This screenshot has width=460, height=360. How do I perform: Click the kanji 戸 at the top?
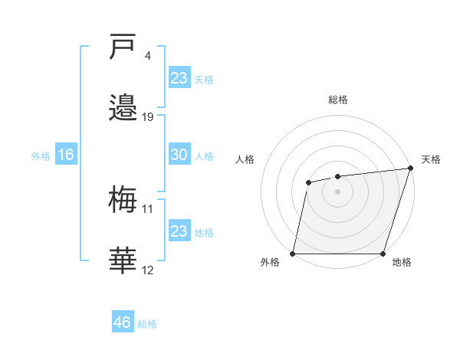pos(123,48)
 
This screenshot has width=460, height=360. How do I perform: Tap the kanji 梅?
pos(123,200)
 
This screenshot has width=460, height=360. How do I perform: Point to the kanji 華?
pos(123,260)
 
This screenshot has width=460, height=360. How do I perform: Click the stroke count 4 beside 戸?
pos(147,56)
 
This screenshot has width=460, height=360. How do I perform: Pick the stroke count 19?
pos(148,117)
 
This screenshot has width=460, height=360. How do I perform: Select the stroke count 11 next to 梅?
pos(148,208)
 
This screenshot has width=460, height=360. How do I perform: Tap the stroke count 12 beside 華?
pos(148,270)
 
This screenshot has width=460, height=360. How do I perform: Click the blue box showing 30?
pos(179,155)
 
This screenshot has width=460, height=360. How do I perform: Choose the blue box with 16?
pos(65,155)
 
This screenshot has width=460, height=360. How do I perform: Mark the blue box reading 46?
pos(123,322)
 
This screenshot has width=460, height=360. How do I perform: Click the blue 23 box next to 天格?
pos(179,78)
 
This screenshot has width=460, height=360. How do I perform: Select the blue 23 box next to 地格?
pos(179,231)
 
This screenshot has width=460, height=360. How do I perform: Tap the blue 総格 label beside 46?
pos(147,324)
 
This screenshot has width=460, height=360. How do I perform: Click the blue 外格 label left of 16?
pos(41,156)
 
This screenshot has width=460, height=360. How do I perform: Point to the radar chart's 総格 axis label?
pos(338,100)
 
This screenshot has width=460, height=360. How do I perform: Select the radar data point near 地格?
pos(383,254)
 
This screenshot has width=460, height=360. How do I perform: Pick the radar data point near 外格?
pos(293,254)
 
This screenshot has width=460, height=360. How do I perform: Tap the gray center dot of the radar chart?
pos(337,191)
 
